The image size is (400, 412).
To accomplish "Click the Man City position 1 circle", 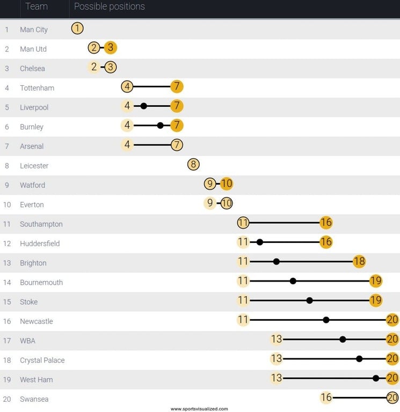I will point(77,29).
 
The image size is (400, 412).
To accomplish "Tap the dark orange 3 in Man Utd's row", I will point(110,48).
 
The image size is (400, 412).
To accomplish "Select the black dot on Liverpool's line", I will point(143,106).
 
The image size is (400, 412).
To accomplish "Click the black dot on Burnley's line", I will point(160,126).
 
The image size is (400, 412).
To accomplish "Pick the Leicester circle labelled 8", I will point(193,165).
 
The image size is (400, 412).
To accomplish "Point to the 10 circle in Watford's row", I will point(227,184).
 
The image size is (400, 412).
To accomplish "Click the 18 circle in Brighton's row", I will point(359,262).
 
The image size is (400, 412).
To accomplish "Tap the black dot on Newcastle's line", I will point(326,320).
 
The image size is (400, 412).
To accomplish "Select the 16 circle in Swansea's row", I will point(326,398).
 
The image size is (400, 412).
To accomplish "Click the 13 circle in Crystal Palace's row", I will point(277,359).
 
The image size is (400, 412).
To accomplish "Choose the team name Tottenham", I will point(37,88).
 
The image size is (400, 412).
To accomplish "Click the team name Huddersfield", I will point(40,244).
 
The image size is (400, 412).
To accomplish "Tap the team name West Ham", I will point(37,380).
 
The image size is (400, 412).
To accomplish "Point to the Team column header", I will point(37,7).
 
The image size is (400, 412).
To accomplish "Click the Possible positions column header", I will point(109,7).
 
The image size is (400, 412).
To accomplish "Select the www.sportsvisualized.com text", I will point(199,409).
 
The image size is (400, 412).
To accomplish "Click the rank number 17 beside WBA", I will point(7,341).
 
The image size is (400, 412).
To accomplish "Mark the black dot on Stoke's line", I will point(309,300).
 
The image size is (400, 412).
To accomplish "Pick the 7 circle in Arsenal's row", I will point(177,145).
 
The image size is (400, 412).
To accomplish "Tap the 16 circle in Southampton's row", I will point(326,223).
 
